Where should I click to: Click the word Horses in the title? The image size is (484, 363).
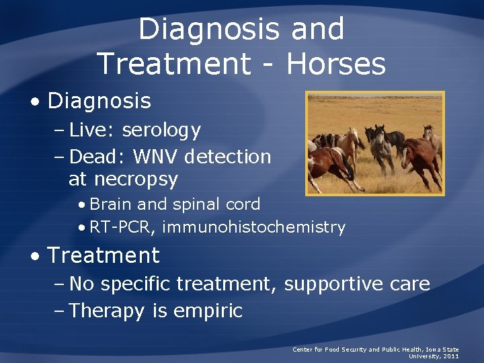point(336,65)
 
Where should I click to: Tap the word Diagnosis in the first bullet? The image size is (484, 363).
point(99,102)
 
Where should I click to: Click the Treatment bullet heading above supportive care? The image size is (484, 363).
point(104,255)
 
